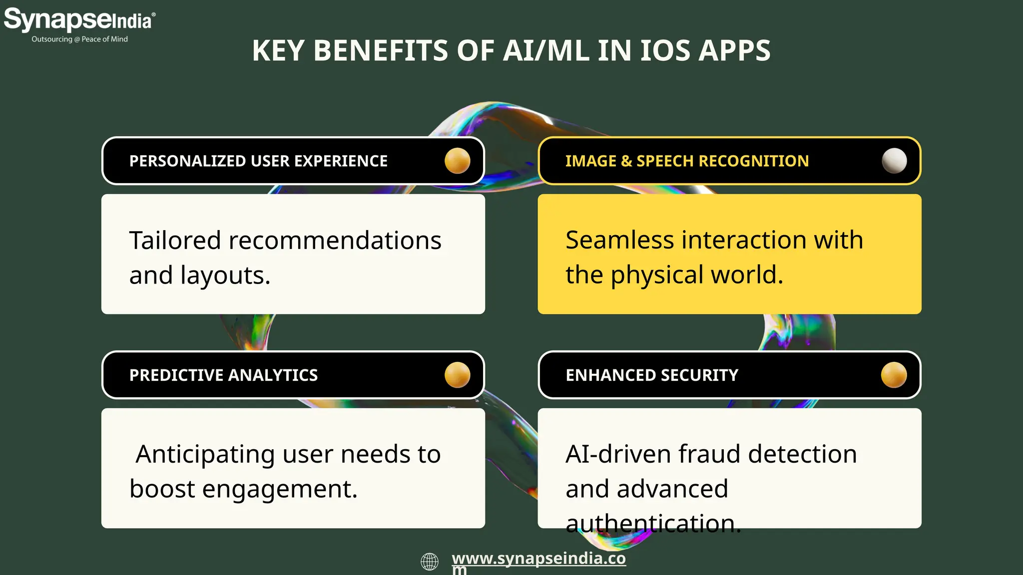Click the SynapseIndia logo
(x=79, y=20)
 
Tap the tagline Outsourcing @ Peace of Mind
(x=79, y=39)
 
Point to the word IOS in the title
(x=665, y=51)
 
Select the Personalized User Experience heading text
(x=258, y=161)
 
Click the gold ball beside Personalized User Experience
(x=457, y=161)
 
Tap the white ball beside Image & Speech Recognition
(x=894, y=161)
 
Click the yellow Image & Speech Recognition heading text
(x=687, y=161)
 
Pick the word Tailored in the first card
(x=175, y=241)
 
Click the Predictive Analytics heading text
(x=223, y=375)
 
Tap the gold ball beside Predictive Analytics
(x=457, y=375)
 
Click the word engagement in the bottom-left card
(x=279, y=489)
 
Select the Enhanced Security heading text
(x=652, y=375)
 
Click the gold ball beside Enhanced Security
(x=894, y=375)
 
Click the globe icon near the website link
(x=430, y=562)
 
